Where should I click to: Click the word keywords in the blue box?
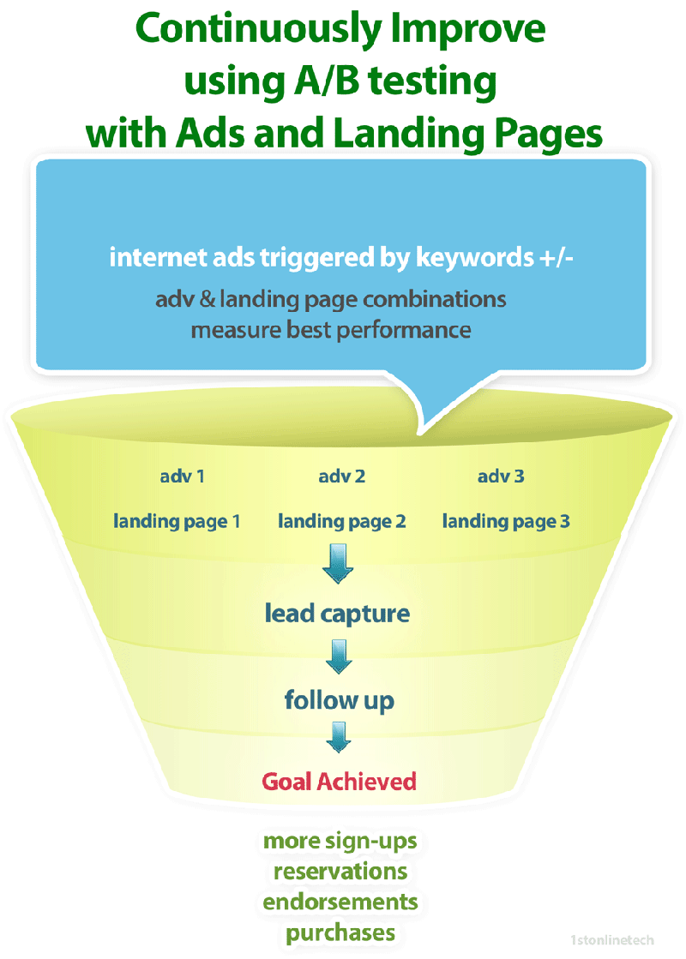(475, 257)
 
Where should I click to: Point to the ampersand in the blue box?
(208, 300)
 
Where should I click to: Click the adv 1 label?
(182, 477)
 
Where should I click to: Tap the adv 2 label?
(341, 477)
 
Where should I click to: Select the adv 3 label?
(501, 477)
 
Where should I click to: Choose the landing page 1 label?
(177, 522)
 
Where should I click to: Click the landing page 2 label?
(341, 522)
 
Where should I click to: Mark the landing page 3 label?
(506, 522)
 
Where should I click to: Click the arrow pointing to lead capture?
(339, 564)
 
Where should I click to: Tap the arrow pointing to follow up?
(339, 656)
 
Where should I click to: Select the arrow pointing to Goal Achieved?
(339, 737)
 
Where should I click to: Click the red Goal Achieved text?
(339, 782)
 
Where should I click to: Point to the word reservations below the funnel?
(340, 872)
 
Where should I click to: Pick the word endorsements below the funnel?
(340, 902)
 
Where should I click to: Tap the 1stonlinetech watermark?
(612, 940)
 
